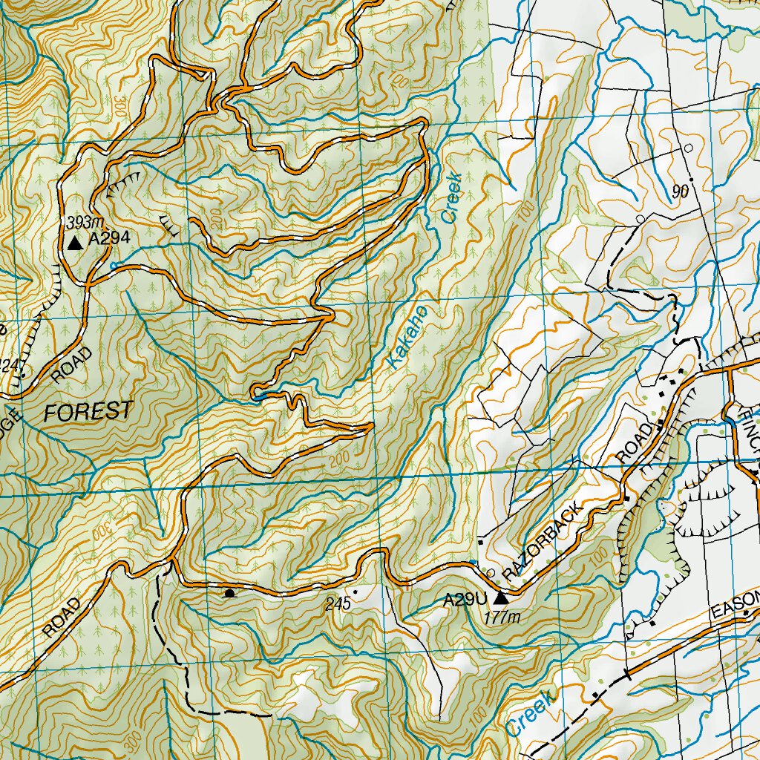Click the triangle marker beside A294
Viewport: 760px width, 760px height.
coord(74,243)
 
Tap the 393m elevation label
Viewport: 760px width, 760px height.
coord(83,223)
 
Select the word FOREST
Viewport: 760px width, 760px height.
coord(88,411)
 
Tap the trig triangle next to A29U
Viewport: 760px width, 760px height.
coord(501,597)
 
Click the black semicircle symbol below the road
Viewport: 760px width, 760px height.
coord(229,593)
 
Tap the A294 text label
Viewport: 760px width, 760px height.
coord(109,239)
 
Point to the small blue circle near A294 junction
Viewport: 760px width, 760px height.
coord(113,265)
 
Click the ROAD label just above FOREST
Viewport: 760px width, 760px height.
coord(73,364)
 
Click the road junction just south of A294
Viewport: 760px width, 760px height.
coord(88,283)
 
